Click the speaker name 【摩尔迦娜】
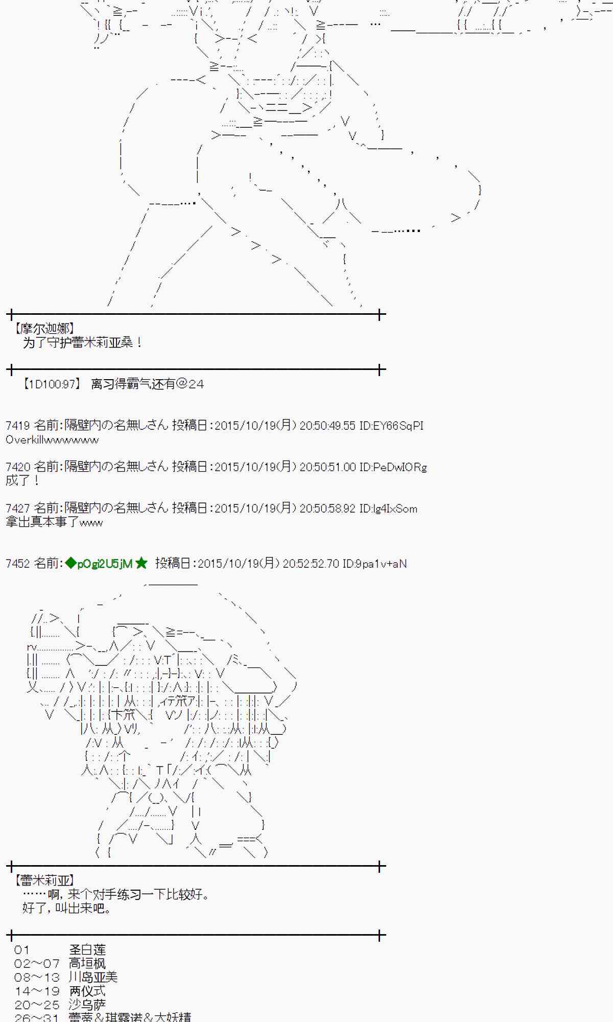[44, 329]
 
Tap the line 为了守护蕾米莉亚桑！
[82, 342]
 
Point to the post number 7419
[17, 426]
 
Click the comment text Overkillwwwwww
[52, 440]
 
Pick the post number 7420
[17, 467]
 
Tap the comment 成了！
[22, 481]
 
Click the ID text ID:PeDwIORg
[393, 467]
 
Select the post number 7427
[17, 508]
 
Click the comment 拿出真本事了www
[54, 522]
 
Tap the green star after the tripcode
[142, 564]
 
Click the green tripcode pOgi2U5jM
[105, 564]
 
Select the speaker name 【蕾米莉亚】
[44, 880]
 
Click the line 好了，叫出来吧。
[66, 908]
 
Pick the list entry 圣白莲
[87, 950]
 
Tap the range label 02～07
[37, 964]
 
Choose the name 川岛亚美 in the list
[93, 977]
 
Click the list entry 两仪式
[87, 991]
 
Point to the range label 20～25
[37, 1005]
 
